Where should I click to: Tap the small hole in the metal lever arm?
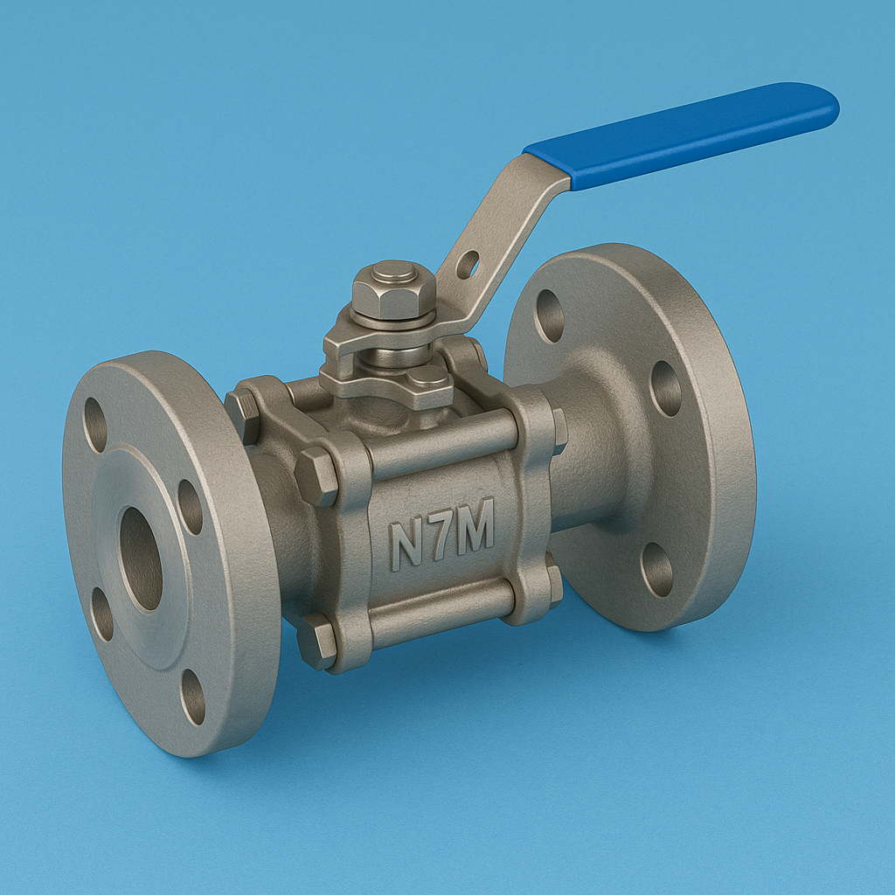468,264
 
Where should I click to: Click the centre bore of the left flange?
141,559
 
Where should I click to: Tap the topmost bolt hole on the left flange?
95,425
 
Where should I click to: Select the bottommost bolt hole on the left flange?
193,697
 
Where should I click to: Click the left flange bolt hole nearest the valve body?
190,507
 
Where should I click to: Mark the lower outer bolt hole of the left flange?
102,614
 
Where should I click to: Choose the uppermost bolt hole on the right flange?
550,316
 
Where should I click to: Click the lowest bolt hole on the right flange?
656,569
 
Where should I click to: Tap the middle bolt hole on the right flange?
666,388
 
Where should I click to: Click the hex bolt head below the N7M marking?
316,641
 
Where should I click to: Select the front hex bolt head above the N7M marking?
316,476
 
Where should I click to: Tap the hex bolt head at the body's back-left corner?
242,416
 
